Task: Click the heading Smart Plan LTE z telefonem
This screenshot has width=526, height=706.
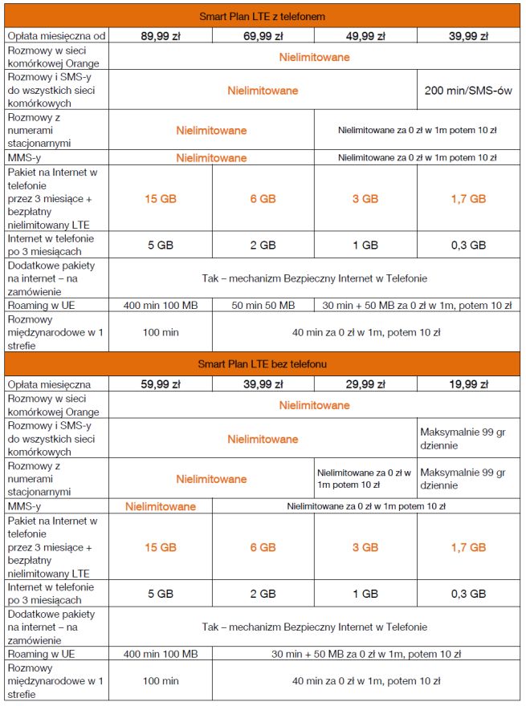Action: point(263,16)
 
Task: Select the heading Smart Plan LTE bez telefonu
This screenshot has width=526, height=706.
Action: point(263,364)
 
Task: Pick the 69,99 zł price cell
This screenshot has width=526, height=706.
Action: point(263,35)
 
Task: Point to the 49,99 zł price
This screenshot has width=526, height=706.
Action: point(365,35)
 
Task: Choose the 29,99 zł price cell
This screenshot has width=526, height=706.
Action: point(365,384)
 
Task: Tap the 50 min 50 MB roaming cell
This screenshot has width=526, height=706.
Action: point(263,305)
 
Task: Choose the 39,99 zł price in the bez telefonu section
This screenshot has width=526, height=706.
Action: point(263,384)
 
